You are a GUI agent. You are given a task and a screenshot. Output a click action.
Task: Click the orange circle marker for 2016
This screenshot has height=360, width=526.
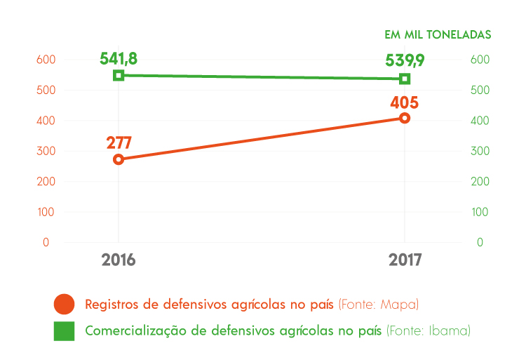point(119,159)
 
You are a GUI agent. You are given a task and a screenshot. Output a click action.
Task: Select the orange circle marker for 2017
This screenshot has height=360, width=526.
point(405,118)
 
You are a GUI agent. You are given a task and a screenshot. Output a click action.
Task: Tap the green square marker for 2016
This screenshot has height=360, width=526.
point(119,75)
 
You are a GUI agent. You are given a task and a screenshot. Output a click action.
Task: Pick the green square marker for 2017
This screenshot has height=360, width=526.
point(405,79)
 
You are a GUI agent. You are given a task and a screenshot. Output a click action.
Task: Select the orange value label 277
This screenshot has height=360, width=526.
point(119,142)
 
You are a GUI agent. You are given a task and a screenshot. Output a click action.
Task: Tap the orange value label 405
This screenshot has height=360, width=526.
point(405,102)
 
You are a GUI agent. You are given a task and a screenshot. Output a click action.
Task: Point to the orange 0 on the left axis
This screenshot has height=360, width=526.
point(46,242)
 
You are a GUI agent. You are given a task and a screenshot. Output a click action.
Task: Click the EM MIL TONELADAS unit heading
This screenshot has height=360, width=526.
point(437,34)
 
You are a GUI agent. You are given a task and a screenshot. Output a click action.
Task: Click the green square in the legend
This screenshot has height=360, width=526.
point(64,330)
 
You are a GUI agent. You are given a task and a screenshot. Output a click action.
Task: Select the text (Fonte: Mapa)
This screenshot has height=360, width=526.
point(378,305)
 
